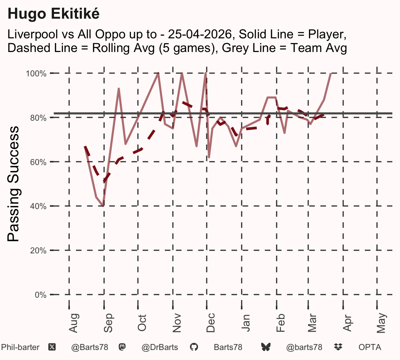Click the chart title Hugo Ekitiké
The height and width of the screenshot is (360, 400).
pyautogui.click(x=53, y=14)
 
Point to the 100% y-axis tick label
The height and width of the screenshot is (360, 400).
pyautogui.click(x=36, y=74)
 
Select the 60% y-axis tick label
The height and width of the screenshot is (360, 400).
pyautogui.click(x=38, y=162)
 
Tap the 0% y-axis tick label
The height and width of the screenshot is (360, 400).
pyautogui.click(x=40, y=295)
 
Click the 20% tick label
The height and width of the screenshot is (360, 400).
pyautogui.click(x=38, y=251)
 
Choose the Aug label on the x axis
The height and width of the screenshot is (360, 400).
pyautogui.click(x=73, y=323)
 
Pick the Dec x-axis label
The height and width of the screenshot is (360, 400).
pyautogui.click(x=211, y=323)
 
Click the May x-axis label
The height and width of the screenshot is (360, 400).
pyautogui.click(x=381, y=323)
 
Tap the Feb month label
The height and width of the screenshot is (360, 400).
pyautogui.click(x=280, y=323)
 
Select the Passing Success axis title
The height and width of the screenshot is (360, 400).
pyautogui.click(x=13, y=184)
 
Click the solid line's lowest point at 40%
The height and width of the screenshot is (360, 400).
pyautogui.click(x=103, y=206)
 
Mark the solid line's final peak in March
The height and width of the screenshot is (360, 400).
pyautogui.click(x=331, y=74)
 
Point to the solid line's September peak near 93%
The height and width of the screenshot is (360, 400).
pyautogui.click(x=119, y=88)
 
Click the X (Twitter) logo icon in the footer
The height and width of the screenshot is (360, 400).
pyautogui.click(x=52, y=347)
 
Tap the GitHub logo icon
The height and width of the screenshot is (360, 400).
pyautogui.click(x=194, y=347)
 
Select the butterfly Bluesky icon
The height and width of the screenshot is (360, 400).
pyautogui.click(x=266, y=347)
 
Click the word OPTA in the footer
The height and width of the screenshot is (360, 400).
pyautogui.click(x=370, y=347)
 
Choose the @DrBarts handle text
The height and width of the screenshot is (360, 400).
pyautogui.click(x=160, y=347)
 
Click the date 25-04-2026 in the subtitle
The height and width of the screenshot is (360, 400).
pyautogui.click(x=200, y=34)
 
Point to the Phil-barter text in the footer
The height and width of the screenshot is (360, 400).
pyautogui.click(x=20, y=347)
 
